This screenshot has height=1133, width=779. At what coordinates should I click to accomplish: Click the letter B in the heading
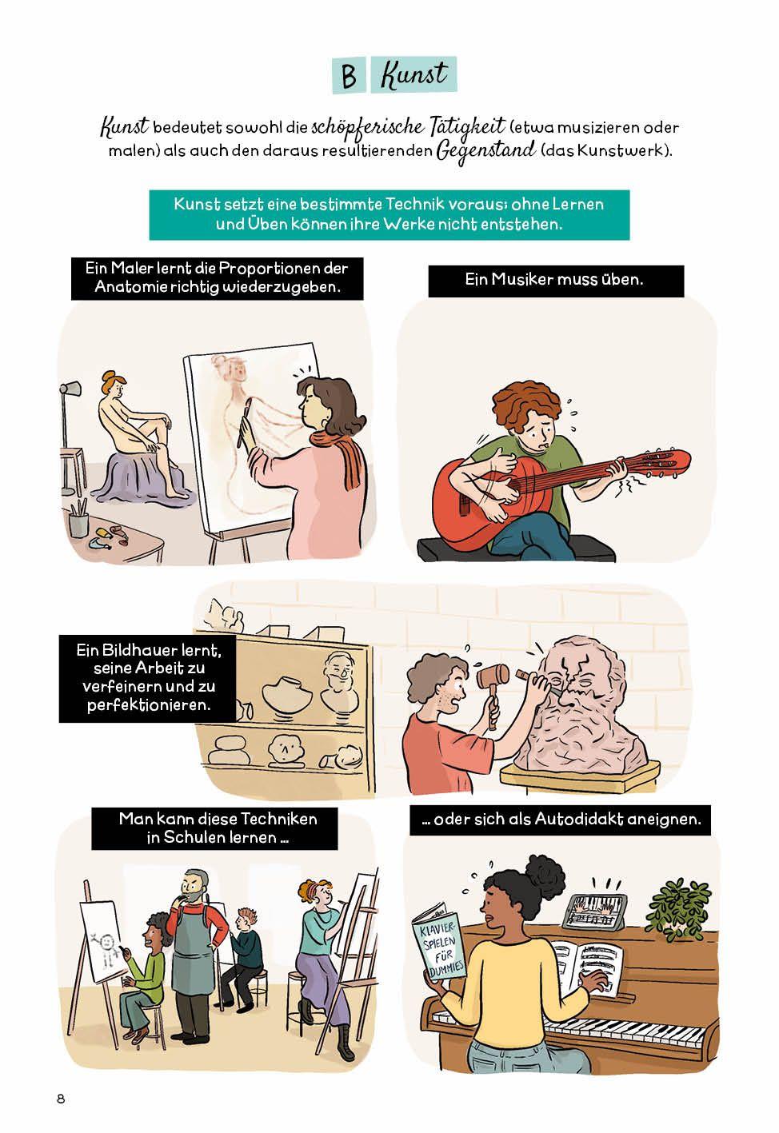coord(349,75)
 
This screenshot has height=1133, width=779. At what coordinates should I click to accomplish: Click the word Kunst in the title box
coord(413,75)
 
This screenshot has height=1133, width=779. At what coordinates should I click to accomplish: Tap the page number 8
coord(61,1099)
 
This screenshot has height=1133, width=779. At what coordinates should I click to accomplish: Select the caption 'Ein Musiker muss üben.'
coord(554,280)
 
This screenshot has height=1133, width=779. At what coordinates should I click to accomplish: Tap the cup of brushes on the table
coord(78,517)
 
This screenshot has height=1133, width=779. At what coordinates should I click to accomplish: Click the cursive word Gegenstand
coord(485,150)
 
